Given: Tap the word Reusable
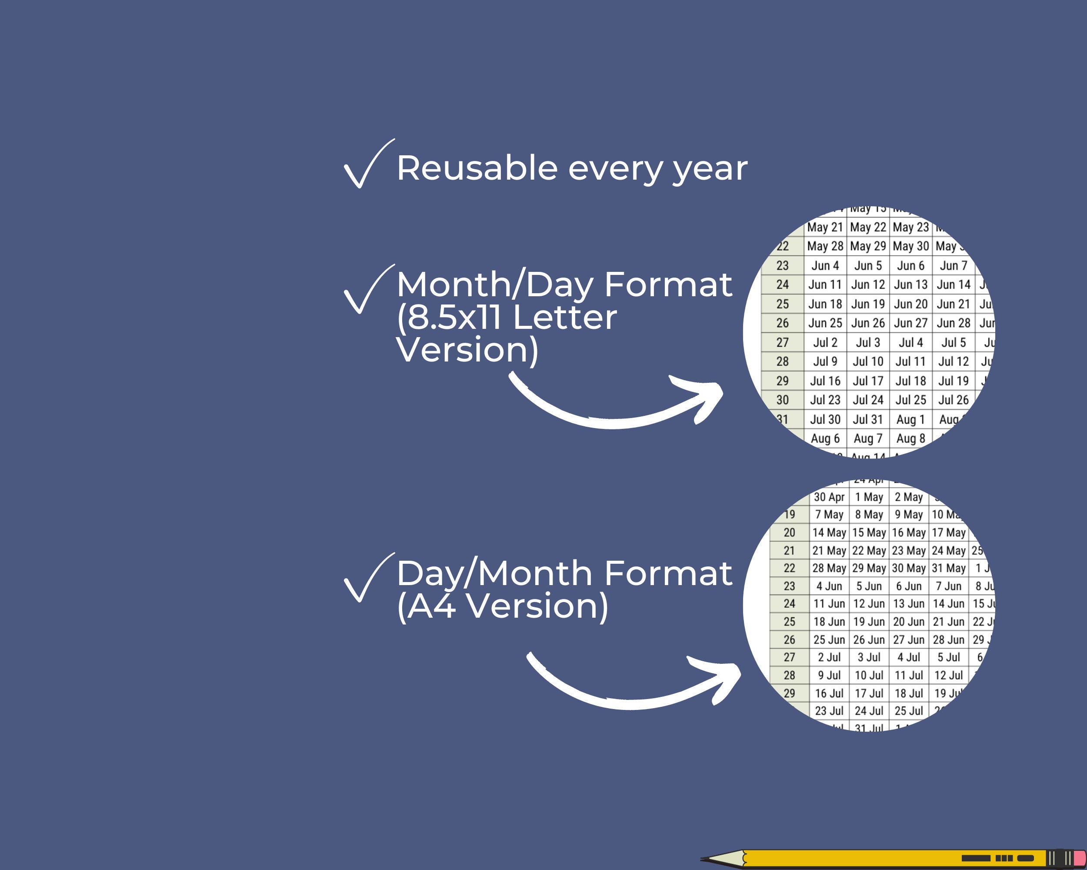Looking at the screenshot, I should (477, 168).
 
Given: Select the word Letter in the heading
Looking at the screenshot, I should (565, 317).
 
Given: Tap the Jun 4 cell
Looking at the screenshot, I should (825, 266).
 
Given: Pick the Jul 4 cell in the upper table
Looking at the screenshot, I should (910, 343).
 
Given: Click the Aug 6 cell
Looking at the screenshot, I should (825, 439).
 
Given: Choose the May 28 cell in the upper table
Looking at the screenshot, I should (825, 247).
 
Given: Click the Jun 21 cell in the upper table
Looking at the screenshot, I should (954, 304).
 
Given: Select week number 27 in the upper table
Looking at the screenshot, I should (782, 343).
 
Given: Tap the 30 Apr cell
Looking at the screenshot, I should (829, 497).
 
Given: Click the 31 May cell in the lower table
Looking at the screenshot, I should (948, 569).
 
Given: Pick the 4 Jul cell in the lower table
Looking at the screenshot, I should (909, 658).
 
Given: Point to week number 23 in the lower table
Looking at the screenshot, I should (789, 586).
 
